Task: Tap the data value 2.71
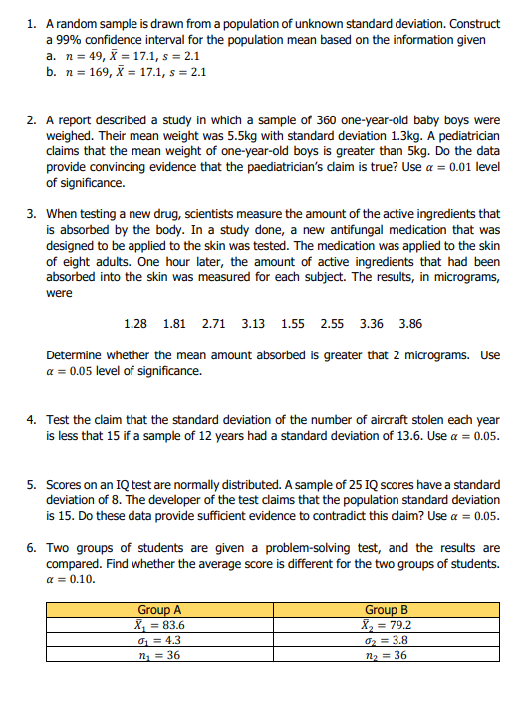coord(213,324)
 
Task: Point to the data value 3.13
coord(253,324)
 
